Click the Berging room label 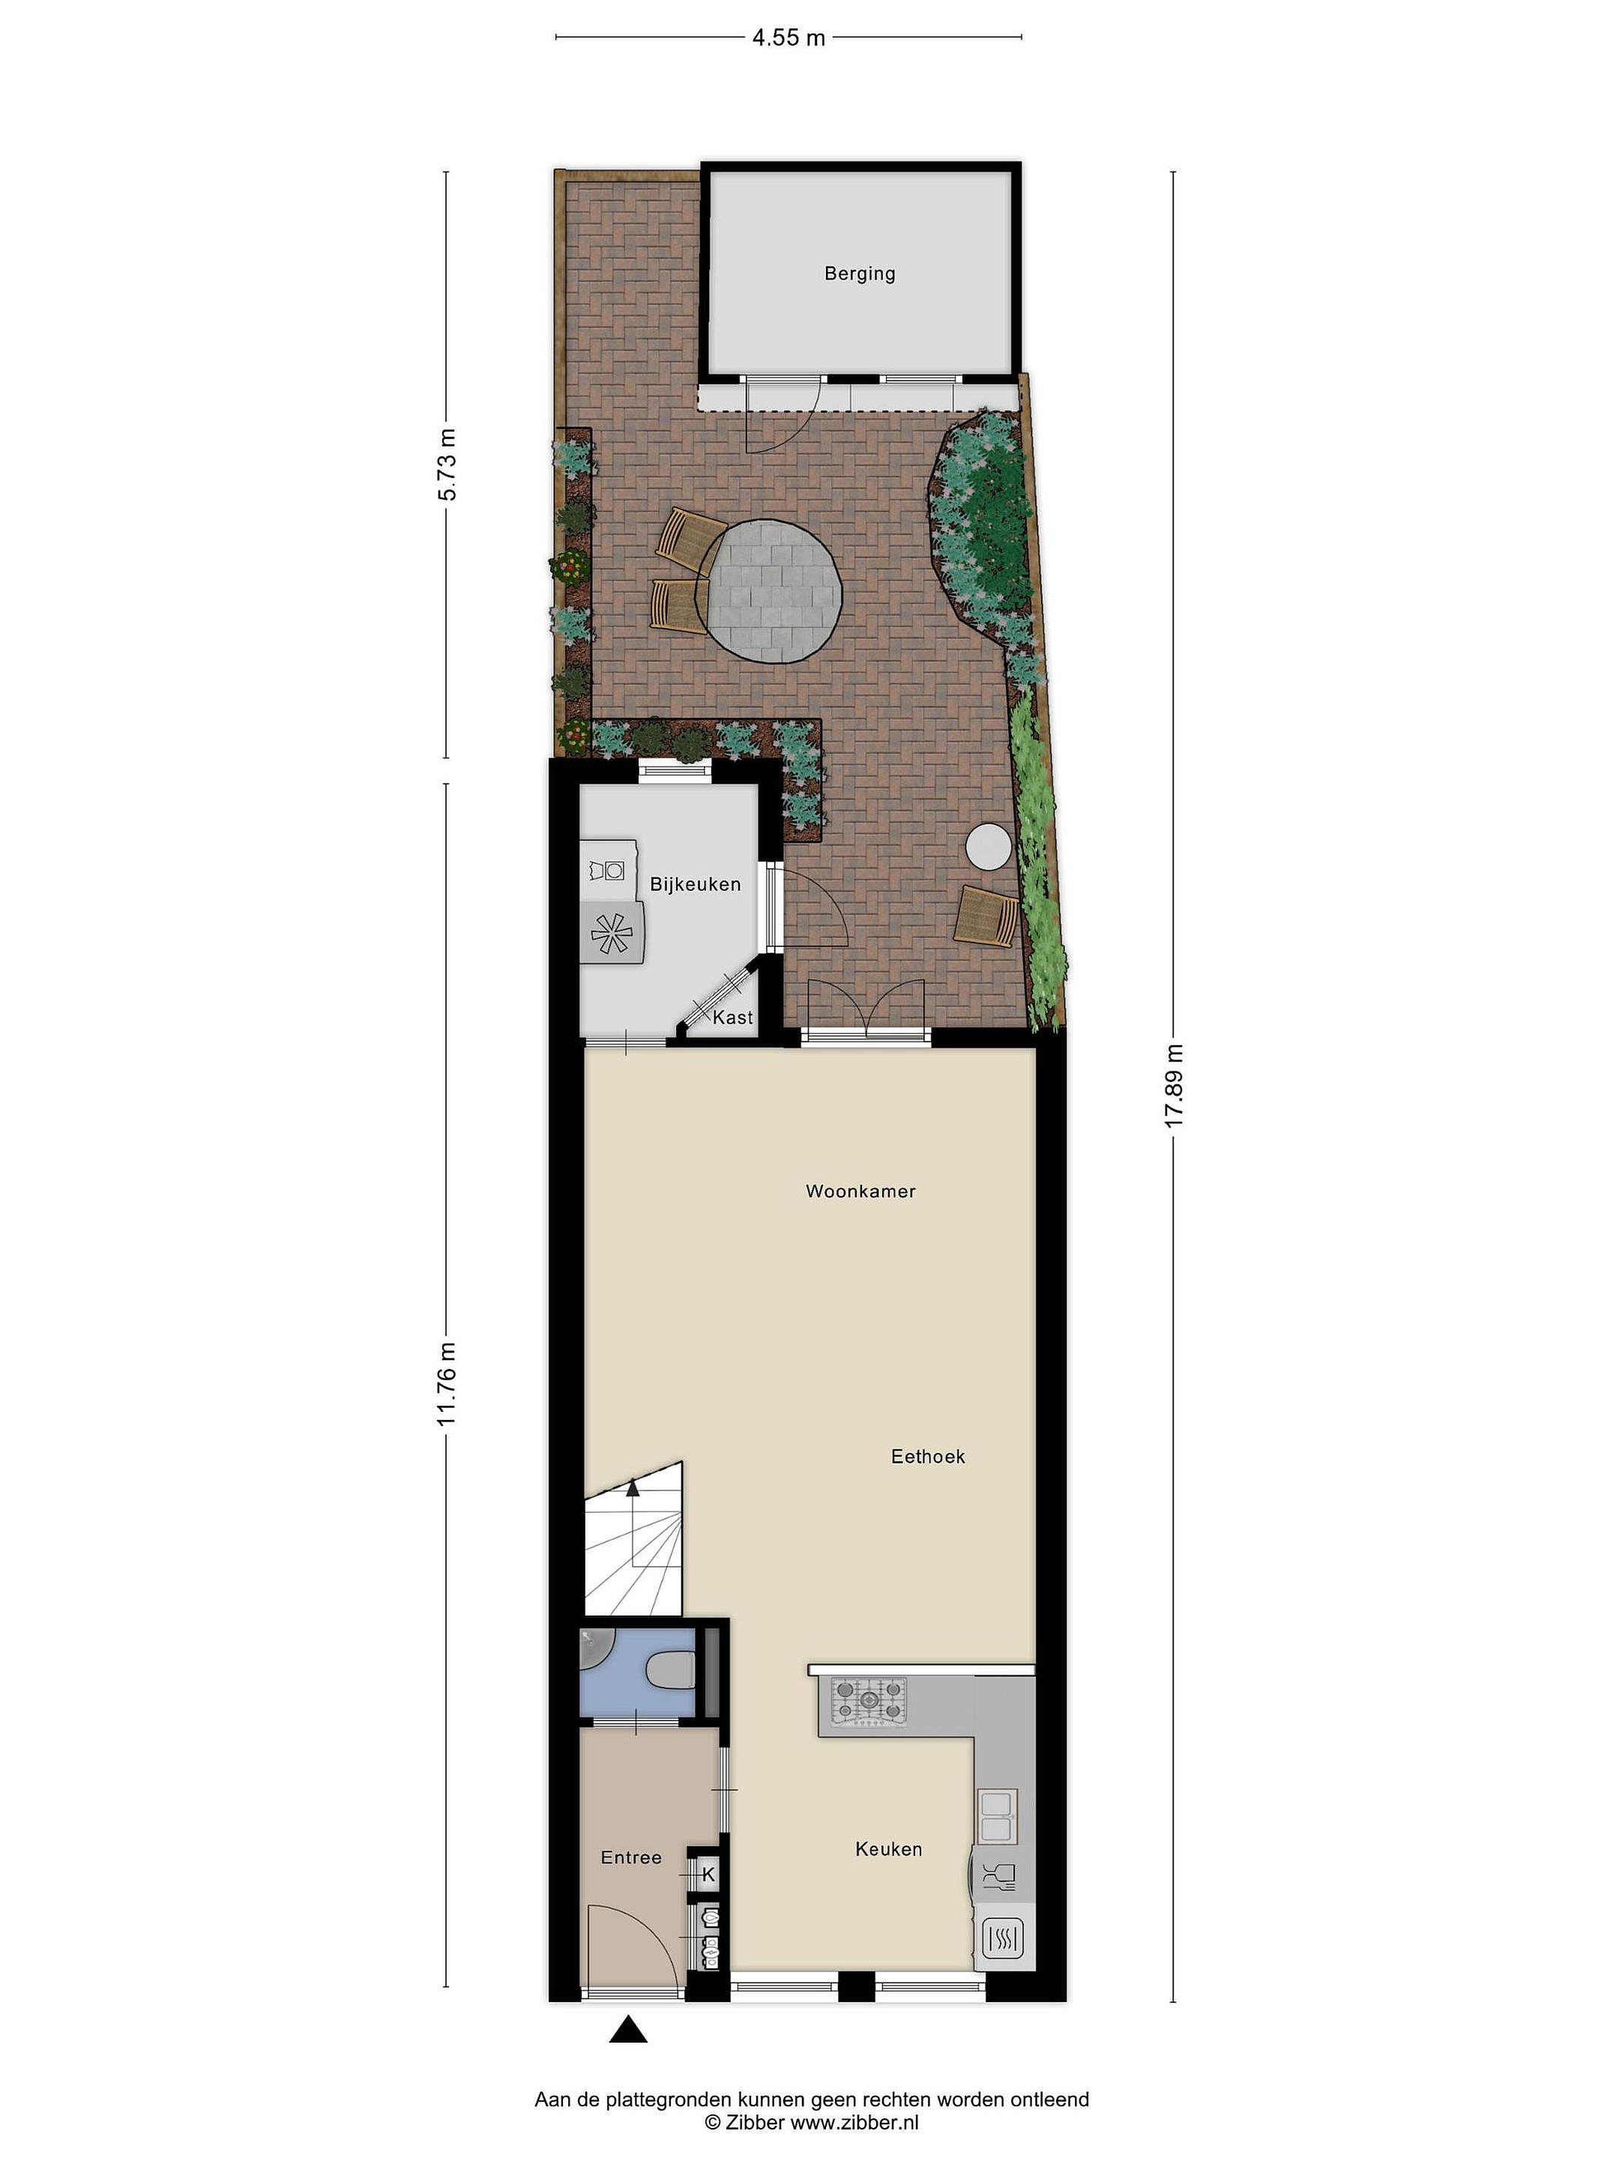pos(859,273)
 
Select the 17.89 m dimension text pos(1173,1086)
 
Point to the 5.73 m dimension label pos(447,465)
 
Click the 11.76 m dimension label pos(447,1383)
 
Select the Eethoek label pos(928,1457)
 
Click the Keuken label pos(888,1849)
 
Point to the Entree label pos(631,1858)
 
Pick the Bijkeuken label pos(695,884)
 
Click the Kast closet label pos(733,1018)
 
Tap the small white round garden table pos(989,846)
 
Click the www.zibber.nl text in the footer pos(854,2121)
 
